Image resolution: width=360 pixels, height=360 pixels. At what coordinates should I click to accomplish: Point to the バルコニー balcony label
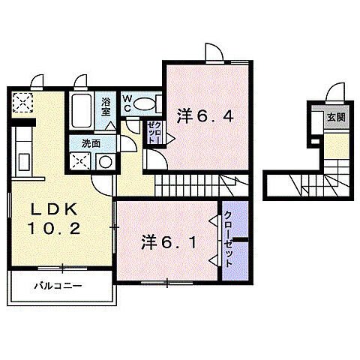[x=57, y=286]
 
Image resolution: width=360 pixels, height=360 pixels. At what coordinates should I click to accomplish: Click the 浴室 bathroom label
[x=106, y=105]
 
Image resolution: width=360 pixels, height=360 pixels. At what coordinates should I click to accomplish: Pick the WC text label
[x=127, y=103]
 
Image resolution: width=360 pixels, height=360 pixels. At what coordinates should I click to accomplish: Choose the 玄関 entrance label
[x=334, y=118]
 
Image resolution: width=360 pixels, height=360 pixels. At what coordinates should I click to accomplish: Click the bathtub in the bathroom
[x=81, y=112]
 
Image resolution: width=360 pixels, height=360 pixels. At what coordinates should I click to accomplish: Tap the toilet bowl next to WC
[x=146, y=103]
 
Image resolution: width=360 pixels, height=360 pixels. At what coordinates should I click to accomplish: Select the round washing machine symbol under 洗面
[x=105, y=161]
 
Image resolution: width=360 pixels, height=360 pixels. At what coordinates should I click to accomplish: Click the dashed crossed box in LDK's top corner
[x=22, y=101]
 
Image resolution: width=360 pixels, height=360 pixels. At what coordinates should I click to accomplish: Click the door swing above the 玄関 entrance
[x=334, y=94]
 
